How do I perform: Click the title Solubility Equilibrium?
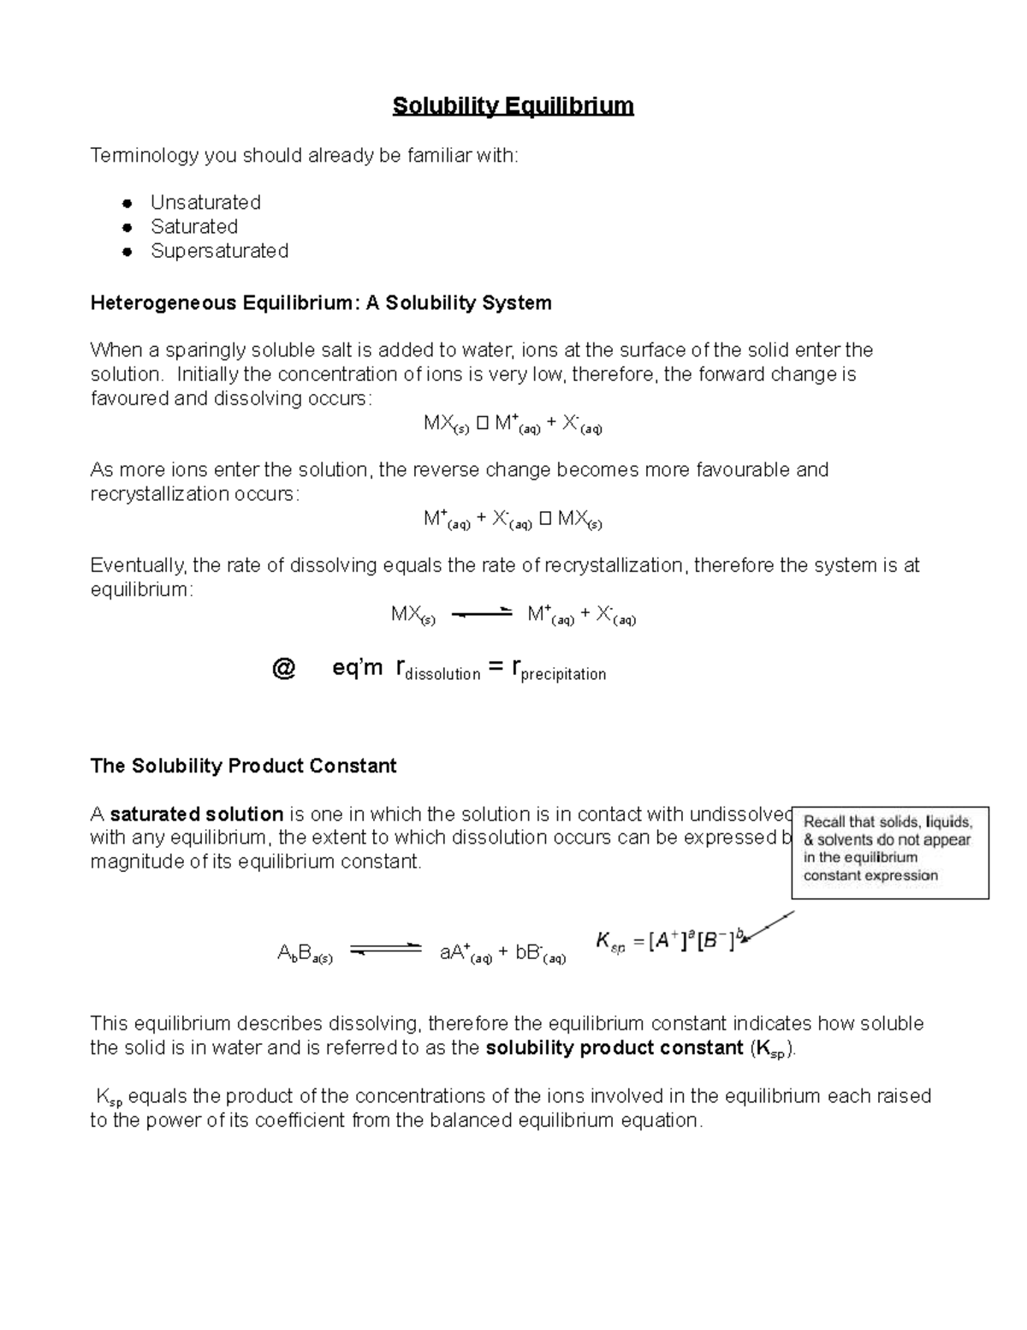513,106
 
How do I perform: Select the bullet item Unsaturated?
205,203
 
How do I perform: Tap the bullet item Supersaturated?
219,251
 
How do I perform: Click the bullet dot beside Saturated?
127,228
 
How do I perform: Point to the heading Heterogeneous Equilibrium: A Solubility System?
321,303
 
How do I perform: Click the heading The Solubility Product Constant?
243,766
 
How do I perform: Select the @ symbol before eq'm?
283,669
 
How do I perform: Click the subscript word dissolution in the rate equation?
442,675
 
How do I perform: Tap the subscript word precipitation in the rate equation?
563,675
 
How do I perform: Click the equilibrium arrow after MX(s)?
481,613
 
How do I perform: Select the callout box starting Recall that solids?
889,852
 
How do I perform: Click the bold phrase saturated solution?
197,814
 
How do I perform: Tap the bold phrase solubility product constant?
614,1048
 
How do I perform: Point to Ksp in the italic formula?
611,943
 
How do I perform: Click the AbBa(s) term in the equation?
305,954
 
